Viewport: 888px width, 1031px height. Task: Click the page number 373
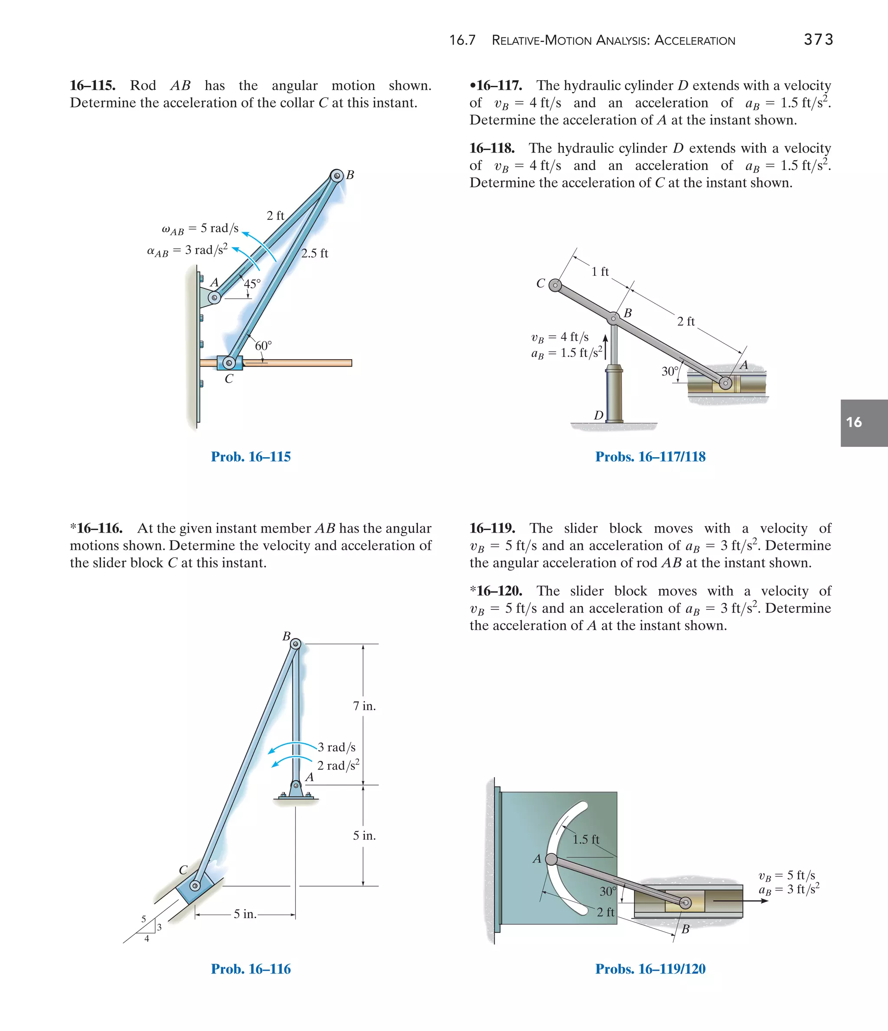[818, 39]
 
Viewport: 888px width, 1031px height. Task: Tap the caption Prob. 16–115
[251, 456]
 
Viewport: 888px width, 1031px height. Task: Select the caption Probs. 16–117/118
[650, 456]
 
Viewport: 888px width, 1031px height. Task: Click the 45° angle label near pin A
[252, 284]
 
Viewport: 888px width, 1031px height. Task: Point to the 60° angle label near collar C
[263, 345]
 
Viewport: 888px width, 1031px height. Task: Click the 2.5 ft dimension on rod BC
[314, 253]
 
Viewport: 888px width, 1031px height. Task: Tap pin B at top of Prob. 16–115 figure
[337, 176]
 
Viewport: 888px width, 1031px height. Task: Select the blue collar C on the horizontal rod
[229, 363]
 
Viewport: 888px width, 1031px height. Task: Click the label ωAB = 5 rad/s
[200, 229]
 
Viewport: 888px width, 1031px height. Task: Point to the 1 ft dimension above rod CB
[600, 272]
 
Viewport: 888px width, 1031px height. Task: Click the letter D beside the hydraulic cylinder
[598, 415]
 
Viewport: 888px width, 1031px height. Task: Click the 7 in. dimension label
[364, 706]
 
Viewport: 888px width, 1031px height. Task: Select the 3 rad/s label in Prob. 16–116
[337, 747]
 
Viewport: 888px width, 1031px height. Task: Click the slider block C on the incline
[195, 886]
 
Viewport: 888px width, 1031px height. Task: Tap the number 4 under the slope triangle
[147, 939]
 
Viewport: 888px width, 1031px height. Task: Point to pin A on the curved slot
[551, 859]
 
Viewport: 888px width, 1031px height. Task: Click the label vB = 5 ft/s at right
[787, 875]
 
